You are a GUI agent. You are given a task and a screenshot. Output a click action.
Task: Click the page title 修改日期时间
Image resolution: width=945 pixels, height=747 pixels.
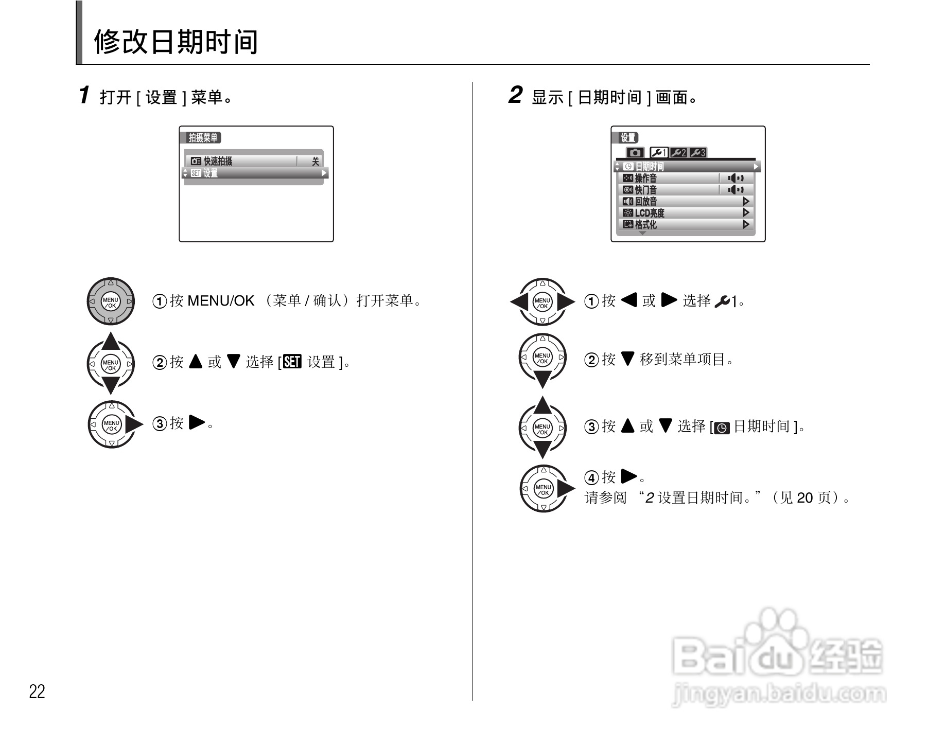click(176, 42)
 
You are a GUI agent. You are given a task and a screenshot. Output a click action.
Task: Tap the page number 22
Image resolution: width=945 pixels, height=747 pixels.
click(37, 691)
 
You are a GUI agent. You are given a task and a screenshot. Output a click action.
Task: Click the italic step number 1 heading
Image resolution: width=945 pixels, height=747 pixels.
click(84, 95)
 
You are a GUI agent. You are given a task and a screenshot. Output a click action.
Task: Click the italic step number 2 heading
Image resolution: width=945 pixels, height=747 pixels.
click(515, 95)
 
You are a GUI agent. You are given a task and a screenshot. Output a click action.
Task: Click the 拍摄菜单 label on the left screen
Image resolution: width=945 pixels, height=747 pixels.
click(203, 137)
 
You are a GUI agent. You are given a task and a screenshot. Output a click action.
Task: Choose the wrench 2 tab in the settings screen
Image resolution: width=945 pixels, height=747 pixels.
click(678, 153)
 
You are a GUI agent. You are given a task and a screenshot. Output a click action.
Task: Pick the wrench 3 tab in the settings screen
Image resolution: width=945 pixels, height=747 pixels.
click(697, 153)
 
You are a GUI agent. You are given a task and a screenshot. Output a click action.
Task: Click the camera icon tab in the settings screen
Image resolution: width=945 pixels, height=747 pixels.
click(635, 153)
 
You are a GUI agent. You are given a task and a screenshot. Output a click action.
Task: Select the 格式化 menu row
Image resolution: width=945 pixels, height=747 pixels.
click(685, 224)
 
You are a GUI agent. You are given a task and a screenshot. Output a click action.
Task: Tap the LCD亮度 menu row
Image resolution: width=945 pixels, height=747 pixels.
click(685, 213)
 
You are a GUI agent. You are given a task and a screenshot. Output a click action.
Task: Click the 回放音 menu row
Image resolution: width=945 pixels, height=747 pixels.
click(685, 201)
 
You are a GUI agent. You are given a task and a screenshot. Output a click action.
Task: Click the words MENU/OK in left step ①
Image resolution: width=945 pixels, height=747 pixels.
click(221, 300)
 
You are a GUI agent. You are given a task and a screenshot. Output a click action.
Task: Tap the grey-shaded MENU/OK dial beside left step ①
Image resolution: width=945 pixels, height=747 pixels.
click(111, 302)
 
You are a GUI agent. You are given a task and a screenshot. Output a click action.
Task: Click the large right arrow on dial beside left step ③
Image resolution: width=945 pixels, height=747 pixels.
click(135, 424)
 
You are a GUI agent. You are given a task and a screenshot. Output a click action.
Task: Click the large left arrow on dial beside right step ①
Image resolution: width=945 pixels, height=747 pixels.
click(519, 302)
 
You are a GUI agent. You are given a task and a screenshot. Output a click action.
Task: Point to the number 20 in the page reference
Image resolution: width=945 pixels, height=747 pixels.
click(804, 497)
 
